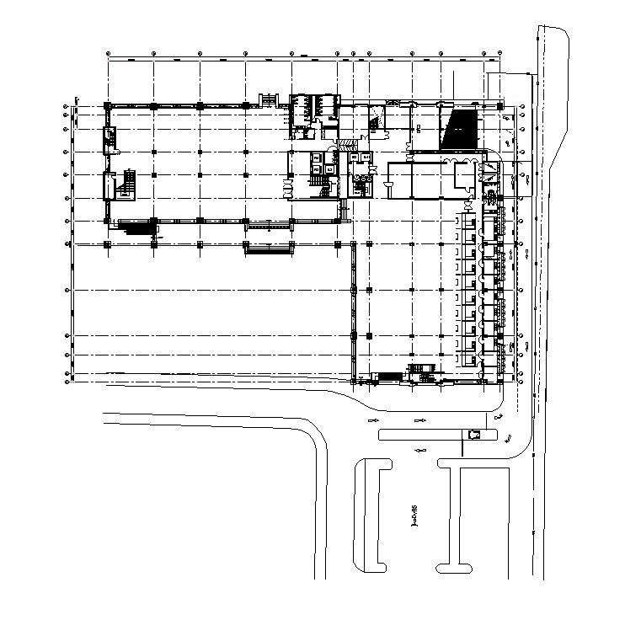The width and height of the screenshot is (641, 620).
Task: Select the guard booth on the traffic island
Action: click(x=473, y=434)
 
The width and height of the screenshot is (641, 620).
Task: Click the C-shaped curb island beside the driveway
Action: click(x=373, y=514)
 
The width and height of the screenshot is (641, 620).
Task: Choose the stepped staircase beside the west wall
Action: click(x=128, y=183)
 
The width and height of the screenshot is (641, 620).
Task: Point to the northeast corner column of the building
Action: click(x=500, y=106)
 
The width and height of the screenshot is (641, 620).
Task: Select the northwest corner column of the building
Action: click(x=108, y=105)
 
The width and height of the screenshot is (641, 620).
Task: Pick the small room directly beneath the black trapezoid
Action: click(x=465, y=176)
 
